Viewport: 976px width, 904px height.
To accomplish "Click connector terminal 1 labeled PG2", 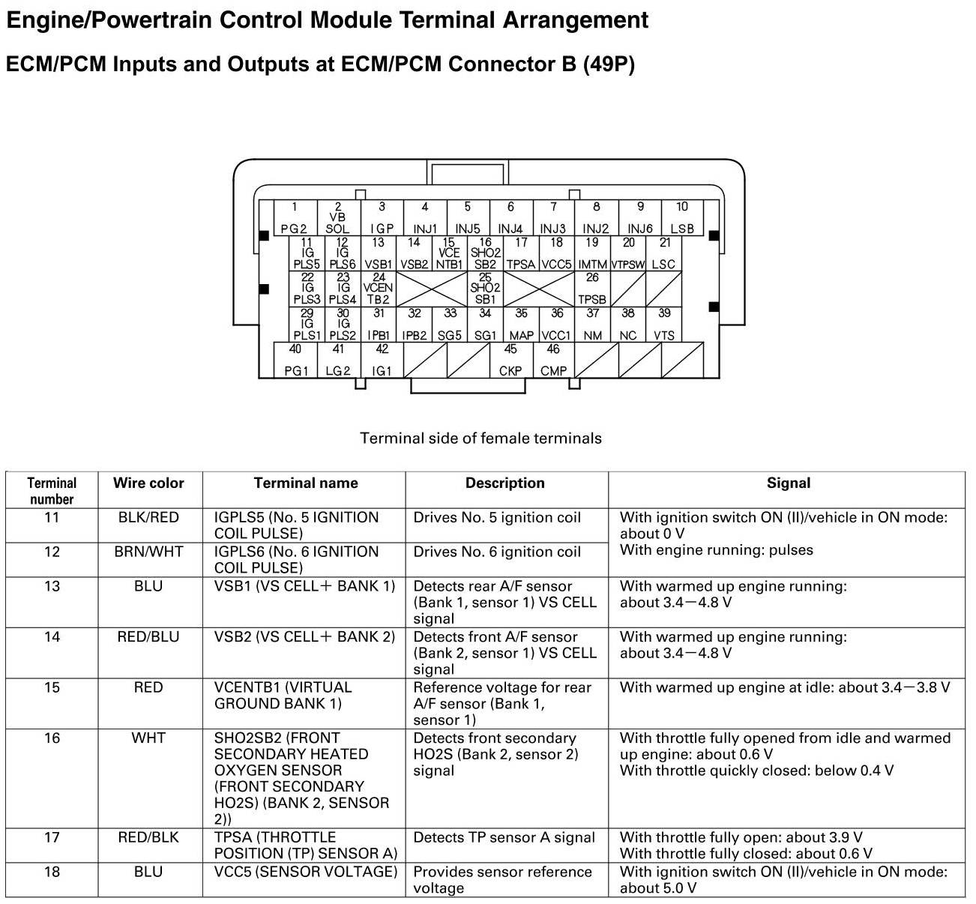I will (295, 218).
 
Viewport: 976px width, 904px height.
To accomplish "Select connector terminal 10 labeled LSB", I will (682, 218).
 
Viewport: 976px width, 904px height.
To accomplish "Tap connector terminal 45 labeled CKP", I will (510, 361).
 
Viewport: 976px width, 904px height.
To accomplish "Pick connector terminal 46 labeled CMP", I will (553, 361).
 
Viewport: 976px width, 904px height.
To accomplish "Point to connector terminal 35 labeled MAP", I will (521, 325).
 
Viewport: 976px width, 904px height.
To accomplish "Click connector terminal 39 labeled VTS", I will (664, 325).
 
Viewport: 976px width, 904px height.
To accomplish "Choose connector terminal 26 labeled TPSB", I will (592, 289).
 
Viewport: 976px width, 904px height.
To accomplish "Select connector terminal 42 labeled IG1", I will (382, 361).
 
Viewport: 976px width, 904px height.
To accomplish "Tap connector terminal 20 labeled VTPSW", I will (628, 253).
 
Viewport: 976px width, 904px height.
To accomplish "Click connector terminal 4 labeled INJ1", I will (425, 218).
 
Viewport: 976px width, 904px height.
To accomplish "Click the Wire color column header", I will (148, 483).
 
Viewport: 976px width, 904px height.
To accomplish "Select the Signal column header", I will (789, 483).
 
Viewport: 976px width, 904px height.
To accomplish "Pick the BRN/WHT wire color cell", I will (148, 552).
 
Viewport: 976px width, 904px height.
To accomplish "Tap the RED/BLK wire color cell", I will (148, 837).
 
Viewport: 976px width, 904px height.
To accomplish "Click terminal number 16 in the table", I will (52, 738).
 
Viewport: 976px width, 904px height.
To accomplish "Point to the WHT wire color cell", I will (148, 738).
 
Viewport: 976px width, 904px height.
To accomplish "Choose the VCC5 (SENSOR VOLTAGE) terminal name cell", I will (305, 872).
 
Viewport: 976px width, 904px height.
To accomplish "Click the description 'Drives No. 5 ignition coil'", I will (497, 518).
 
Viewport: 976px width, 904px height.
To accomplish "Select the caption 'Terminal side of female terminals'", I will (481, 439).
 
